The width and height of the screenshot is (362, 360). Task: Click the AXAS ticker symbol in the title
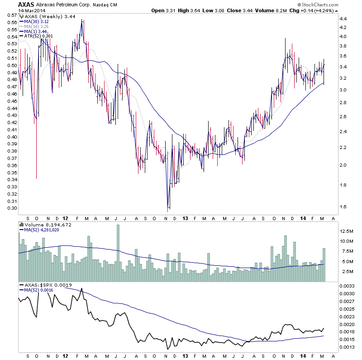26,5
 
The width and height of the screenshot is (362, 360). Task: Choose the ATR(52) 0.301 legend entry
37,36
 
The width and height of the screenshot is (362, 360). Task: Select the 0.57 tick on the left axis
9,15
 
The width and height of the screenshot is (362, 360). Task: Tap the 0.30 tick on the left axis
9,208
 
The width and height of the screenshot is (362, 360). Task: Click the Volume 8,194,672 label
43,225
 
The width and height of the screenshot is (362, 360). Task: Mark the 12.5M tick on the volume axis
347,231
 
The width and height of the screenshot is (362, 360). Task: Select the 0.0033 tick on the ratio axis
347,286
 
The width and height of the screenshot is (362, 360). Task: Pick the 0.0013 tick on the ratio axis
347,348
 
